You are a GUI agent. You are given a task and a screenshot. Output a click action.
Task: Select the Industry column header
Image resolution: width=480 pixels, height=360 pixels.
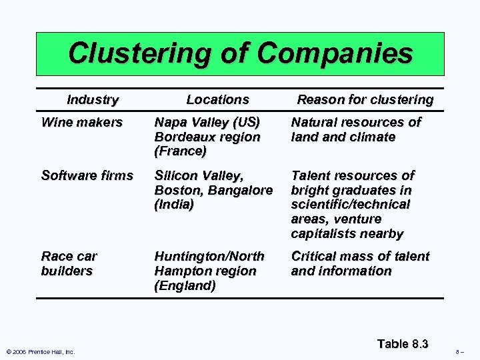coord(93,100)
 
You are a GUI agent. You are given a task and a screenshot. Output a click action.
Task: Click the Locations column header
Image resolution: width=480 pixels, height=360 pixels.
coord(217,100)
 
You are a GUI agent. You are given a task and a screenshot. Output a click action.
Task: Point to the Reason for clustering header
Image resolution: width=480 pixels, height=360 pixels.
coord(365,100)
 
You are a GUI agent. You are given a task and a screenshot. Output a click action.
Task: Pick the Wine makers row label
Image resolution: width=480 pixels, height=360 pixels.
coord(82,123)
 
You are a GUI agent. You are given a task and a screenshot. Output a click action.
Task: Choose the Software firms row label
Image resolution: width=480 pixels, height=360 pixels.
coord(87,176)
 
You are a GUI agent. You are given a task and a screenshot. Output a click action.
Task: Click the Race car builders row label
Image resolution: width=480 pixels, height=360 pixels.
coord(69,263)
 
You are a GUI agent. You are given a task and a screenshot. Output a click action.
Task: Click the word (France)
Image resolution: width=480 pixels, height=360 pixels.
coord(180,151)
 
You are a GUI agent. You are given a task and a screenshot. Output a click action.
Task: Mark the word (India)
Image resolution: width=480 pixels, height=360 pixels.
coord(174,205)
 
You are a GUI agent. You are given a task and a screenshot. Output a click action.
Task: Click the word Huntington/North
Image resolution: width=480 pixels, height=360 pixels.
coord(209,257)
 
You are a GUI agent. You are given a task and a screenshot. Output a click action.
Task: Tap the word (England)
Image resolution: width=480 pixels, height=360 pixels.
coord(185,286)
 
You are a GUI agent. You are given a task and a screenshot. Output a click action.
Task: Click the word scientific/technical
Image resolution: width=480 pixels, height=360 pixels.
coord(351,205)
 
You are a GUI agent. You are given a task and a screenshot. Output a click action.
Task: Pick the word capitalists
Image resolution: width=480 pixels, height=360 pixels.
coord(323,234)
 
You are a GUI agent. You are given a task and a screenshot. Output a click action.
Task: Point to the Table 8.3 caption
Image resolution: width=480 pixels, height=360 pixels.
coord(402,344)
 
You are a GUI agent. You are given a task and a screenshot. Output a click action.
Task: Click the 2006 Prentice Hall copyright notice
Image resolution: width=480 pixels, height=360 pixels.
coord(40,352)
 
